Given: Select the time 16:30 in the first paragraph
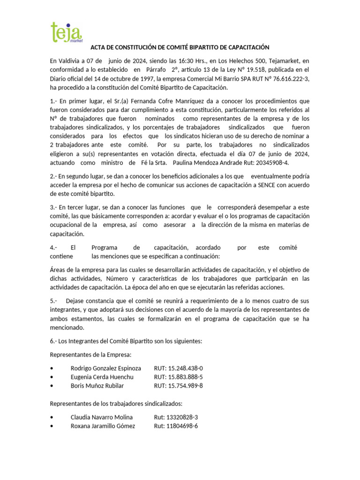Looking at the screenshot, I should click(x=190, y=61).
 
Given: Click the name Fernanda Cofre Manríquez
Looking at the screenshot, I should click(x=156, y=101).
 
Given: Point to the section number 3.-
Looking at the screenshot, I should click(x=54, y=207).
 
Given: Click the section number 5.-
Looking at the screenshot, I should click(x=54, y=300).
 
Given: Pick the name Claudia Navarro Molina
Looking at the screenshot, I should click(x=101, y=417).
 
